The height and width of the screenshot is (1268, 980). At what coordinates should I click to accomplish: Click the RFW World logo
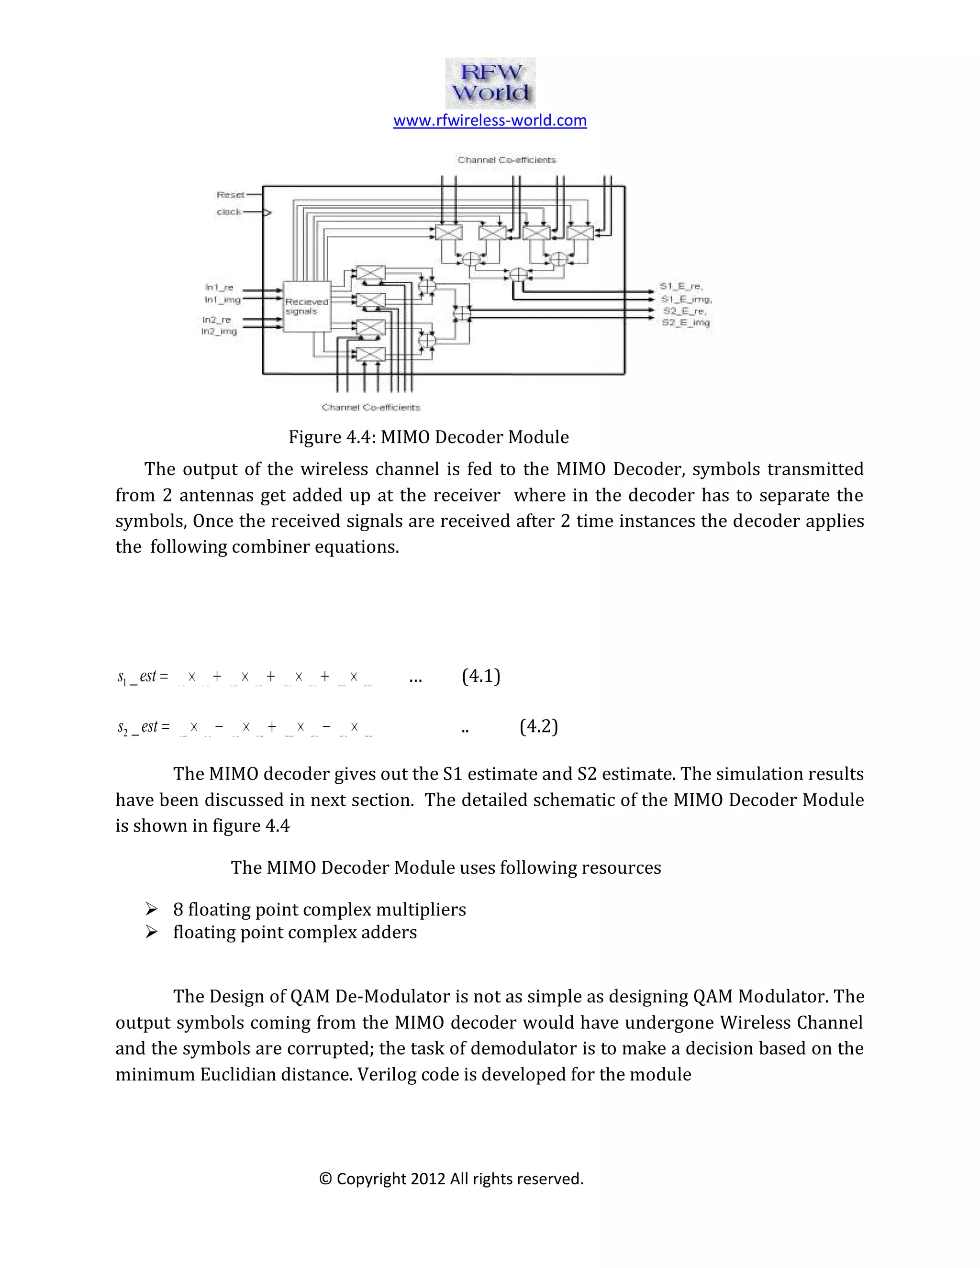[x=490, y=83]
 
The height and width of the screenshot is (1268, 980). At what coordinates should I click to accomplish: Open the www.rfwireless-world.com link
[x=490, y=120]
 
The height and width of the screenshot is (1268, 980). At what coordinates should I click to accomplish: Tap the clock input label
[x=229, y=212]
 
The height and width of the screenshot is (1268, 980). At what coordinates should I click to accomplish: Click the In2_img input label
[x=219, y=332]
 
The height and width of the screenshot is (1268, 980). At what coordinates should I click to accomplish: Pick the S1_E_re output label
[x=681, y=286]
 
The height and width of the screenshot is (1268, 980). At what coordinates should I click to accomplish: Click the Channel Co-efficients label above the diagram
[x=506, y=160]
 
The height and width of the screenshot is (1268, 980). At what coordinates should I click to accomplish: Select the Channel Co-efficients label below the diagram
[x=370, y=408]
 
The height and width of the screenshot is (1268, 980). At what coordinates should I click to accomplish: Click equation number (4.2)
[x=538, y=726]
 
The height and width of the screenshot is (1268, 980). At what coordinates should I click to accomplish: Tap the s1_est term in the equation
[x=142, y=677]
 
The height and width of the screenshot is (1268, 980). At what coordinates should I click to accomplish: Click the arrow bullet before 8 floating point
[x=152, y=909]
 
